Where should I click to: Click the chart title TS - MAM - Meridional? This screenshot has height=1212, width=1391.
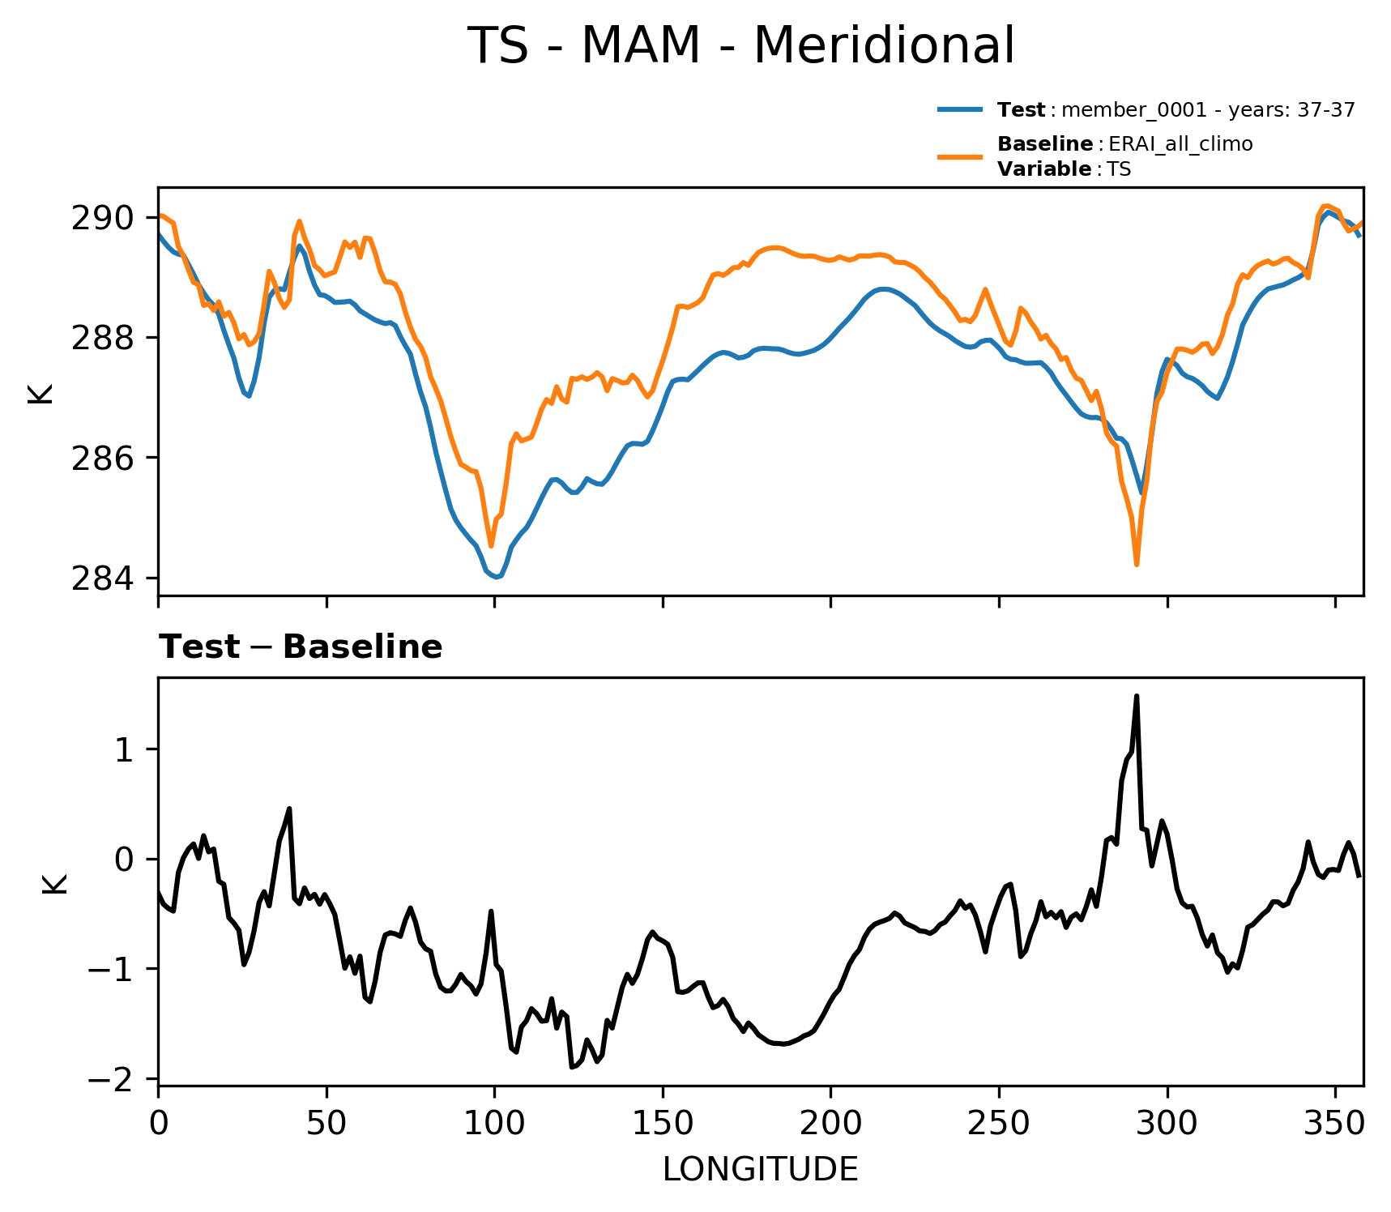point(740,46)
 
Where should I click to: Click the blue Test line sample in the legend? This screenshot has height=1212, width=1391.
point(961,109)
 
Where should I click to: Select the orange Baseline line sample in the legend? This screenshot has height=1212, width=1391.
point(961,156)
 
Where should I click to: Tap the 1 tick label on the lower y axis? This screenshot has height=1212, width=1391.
point(123,750)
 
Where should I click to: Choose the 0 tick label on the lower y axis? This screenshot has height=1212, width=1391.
point(123,860)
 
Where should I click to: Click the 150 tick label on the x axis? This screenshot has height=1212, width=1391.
point(663,1124)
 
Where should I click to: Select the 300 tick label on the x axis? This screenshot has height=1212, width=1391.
point(1167,1124)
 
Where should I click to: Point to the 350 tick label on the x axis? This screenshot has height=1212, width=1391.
point(1335,1124)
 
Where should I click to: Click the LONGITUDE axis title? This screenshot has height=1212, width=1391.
point(760,1170)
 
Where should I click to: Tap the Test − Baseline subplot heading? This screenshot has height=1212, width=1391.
point(301,647)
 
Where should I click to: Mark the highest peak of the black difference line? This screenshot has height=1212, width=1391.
point(1137,696)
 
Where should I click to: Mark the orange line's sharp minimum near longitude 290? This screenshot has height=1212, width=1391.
point(1137,565)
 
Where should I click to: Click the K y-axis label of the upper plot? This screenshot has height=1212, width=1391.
point(41,394)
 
